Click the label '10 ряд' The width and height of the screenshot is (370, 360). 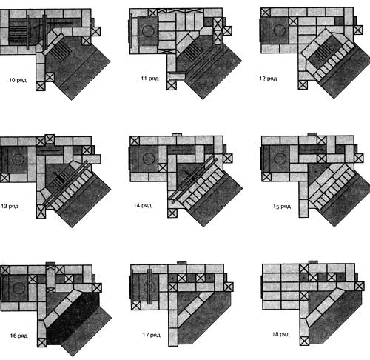(x=18, y=80)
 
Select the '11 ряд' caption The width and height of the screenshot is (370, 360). (x=149, y=79)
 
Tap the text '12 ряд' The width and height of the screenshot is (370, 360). (x=268, y=79)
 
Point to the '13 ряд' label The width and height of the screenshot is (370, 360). (x=10, y=206)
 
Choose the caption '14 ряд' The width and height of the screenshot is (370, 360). (x=143, y=205)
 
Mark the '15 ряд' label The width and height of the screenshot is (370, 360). (x=282, y=207)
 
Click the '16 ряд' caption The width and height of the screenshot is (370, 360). (x=18, y=336)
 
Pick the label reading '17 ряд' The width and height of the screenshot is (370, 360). (x=152, y=335)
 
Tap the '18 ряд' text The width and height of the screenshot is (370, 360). (x=281, y=334)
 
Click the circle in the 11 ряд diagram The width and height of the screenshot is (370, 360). (x=148, y=31)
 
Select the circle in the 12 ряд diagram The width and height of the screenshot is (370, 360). (x=280, y=30)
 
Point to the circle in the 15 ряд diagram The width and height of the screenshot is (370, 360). (x=280, y=159)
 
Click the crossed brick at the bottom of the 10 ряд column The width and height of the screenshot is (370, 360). (x=41, y=87)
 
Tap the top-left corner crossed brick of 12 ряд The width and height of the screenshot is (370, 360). (x=266, y=13)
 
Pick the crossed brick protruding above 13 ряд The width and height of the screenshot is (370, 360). (x=50, y=139)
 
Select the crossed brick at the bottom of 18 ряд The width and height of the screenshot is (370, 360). (x=304, y=341)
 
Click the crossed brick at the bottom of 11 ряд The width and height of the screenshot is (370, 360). (x=172, y=86)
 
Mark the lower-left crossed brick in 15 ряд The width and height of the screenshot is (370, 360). (x=266, y=177)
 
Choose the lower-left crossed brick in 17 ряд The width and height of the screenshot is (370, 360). (x=135, y=306)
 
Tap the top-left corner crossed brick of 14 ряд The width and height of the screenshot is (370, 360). (x=135, y=141)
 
